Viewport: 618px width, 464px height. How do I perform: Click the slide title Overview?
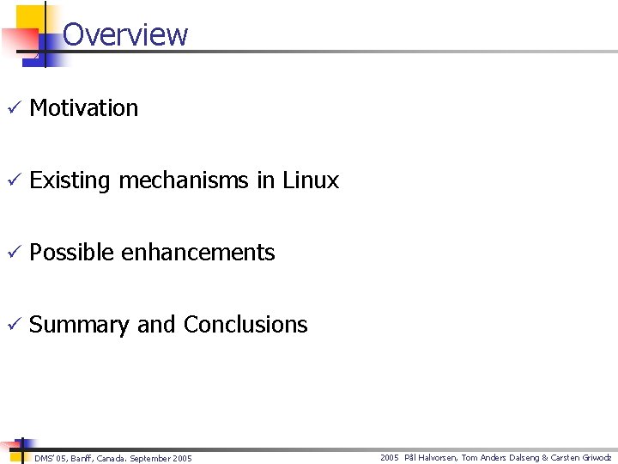pos(125,34)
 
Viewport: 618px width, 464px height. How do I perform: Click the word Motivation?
pos(83,108)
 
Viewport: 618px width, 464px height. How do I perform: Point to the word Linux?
pos(310,180)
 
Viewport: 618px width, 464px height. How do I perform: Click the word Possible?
pos(72,253)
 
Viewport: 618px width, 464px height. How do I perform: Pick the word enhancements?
pos(198,253)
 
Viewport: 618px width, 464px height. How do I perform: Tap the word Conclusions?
pos(245,325)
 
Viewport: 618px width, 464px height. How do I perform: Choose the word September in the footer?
pos(148,459)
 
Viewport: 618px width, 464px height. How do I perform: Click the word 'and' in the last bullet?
pos(155,325)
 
